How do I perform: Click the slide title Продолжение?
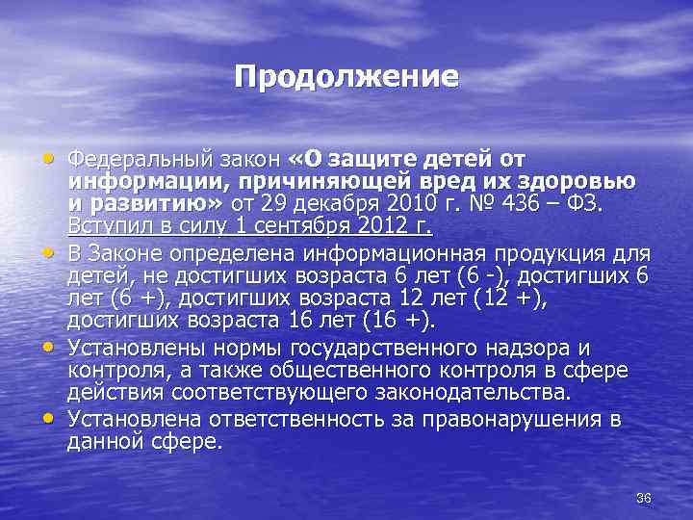(x=346, y=76)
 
